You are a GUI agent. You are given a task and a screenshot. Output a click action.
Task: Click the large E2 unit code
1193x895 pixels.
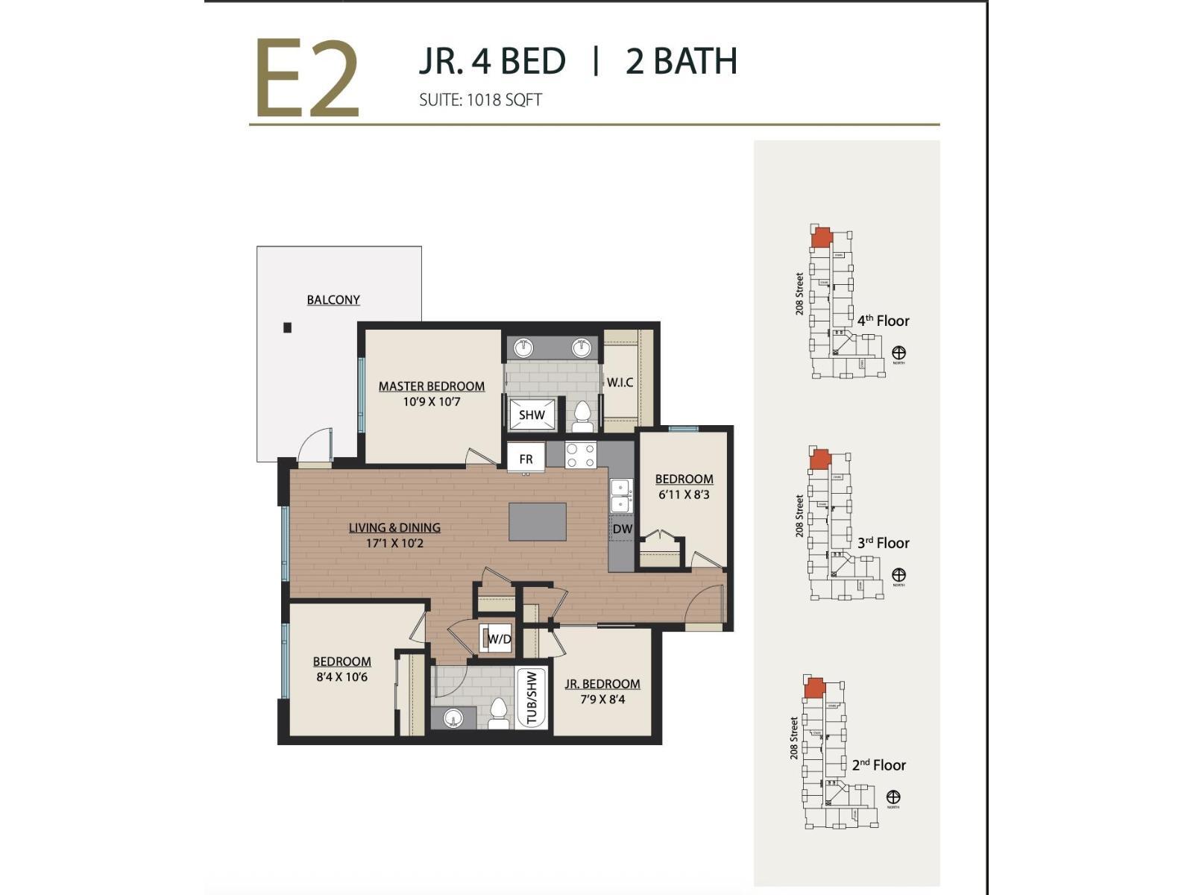307,80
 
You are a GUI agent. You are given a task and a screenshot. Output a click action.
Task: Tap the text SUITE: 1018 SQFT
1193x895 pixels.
480,100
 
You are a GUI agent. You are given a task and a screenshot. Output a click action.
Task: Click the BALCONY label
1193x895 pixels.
333,300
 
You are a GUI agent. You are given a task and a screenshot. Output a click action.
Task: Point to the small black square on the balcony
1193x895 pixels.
287,327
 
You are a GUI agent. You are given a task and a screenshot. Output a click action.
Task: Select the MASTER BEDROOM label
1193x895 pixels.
431,386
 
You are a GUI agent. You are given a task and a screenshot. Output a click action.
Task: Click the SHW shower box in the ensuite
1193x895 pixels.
532,415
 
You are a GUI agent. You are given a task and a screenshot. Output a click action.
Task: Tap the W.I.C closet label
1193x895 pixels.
620,383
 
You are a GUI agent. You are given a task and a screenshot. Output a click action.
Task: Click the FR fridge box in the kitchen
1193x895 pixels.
526,459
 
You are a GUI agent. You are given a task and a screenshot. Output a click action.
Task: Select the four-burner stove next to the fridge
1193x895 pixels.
580,455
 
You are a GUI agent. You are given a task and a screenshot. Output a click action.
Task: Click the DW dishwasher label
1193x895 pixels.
622,530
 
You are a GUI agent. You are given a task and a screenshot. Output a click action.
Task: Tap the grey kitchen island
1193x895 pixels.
538,521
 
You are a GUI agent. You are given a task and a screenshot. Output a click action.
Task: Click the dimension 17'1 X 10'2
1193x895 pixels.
394,544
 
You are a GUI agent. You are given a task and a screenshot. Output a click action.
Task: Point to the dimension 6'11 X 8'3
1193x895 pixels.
684,494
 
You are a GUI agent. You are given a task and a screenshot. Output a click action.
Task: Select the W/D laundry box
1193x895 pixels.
497,639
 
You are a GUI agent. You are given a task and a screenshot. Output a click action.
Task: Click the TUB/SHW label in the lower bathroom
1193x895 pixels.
532,698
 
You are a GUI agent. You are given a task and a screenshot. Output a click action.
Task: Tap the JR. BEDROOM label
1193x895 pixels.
602,684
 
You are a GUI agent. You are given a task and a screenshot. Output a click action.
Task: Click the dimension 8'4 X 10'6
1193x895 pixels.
341,677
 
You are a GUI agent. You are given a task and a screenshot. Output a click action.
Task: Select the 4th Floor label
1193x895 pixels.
883,321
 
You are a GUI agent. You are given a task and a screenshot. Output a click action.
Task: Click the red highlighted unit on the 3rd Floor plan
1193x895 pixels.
820,459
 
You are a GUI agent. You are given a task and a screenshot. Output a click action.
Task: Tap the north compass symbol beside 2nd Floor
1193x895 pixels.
893,797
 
